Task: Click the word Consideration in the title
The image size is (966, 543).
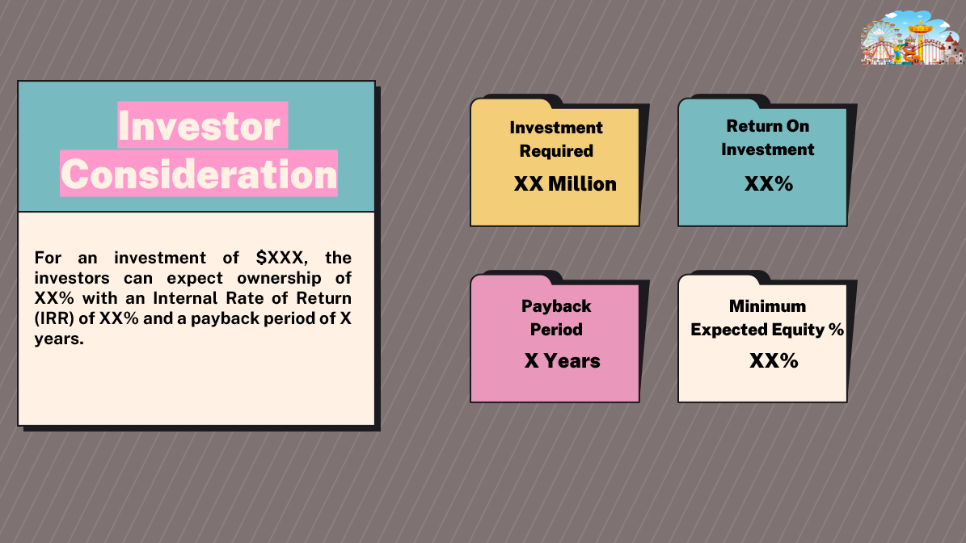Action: click(x=200, y=175)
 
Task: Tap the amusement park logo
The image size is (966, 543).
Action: click(x=913, y=38)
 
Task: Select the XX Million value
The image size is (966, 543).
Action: click(x=565, y=184)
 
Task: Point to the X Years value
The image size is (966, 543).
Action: click(x=563, y=360)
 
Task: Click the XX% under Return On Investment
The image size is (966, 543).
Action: click(x=769, y=184)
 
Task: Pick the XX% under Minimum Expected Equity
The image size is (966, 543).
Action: click(x=774, y=360)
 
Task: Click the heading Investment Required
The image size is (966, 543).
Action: click(x=556, y=139)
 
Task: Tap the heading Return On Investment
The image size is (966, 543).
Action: click(x=768, y=137)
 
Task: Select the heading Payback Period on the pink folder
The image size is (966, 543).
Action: click(x=556, y=318)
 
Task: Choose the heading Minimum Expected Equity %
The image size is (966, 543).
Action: click(x=767, y=318)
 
